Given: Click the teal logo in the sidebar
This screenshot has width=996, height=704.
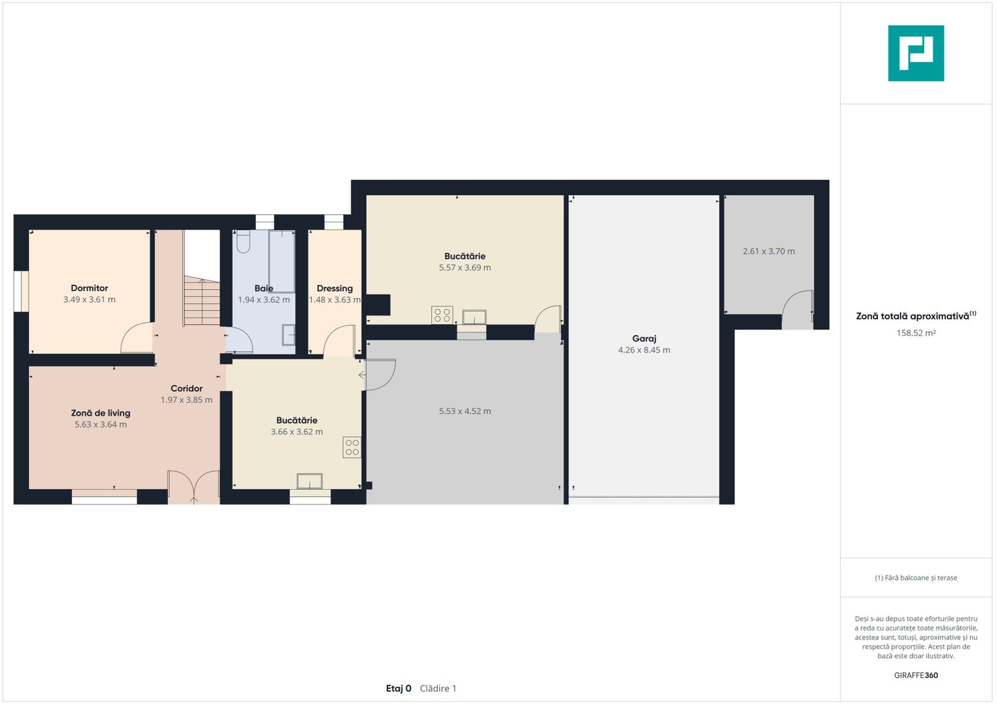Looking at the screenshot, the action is pyautogui.click(x=916, y=53).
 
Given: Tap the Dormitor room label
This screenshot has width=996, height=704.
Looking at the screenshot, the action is pyautogui.click(x=89, y=288).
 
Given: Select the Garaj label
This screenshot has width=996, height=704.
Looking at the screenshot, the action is pyautogui.click(x=644, y=339).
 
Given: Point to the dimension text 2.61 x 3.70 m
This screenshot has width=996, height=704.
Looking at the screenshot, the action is pyautogui.click(x=769, y=251).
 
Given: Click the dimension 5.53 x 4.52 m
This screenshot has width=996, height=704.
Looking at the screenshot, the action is pyautogui.click(x=465, y=411).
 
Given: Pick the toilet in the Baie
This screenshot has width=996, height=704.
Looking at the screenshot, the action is pyautogui.click(x=243, y=241).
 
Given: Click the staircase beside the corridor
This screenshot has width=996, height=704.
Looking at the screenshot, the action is pyautogui.click(x=202, y=301).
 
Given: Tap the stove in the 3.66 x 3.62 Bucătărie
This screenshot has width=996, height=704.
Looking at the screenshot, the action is pyautogui.click(x=352, y=448).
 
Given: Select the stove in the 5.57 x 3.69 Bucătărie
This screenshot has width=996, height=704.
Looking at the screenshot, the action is pyautogui.click(x=442, y=315).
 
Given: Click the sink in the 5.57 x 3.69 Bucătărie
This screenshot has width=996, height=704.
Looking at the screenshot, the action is pyautogui.click(x=474, y=317).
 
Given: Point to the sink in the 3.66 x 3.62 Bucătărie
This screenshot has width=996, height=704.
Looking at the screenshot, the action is pyautogui.click(x=310, y=481).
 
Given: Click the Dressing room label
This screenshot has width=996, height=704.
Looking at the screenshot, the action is pyautogui.click(x=335, y=288).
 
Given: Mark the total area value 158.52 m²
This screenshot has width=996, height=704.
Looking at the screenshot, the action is pyautogui.click(x=916, y=333).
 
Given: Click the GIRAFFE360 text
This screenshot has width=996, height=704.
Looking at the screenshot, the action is pyautogui.click(x=916, y=675).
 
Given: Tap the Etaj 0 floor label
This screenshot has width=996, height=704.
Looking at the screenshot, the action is pyautogui.click(x=399, y=688).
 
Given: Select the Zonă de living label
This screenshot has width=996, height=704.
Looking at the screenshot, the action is pyautogui.click(x=100, y=413).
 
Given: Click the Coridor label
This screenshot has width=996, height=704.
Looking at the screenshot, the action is pyautogui.click(x=187, y=389).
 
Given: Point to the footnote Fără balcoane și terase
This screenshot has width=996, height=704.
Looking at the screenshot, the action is pyautogui.click(x=916, y=578).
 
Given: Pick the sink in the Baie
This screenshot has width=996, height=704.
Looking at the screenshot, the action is pyautogui.click(x=288, y=334).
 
